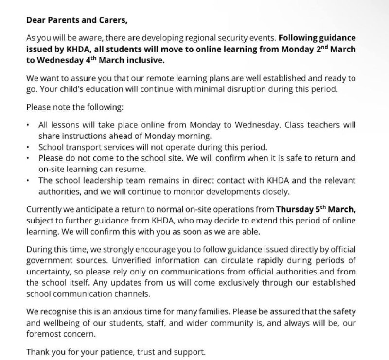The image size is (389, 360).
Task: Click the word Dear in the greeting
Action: pos(35,21)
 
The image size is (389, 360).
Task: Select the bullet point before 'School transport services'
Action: pos(29,147)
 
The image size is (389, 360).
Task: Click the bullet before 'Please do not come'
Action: pos(29,158)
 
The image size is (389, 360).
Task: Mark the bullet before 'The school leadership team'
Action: pos(29,180)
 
